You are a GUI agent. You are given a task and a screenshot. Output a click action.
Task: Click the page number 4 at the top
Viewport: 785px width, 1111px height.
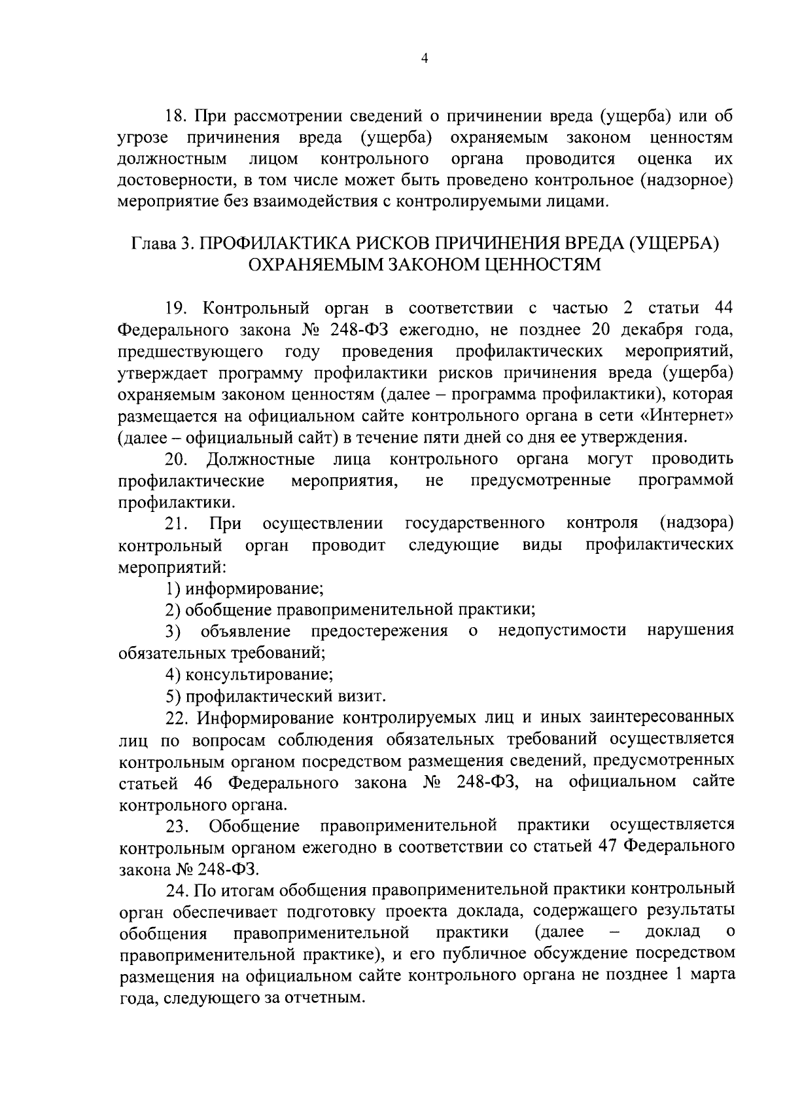click(424, 59)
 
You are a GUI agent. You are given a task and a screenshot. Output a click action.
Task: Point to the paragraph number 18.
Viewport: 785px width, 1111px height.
click(176, 117)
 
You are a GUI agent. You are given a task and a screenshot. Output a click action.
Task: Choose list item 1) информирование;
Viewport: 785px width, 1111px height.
click(245, 588)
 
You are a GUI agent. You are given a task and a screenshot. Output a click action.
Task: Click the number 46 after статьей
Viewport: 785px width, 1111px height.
click(205, 783)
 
